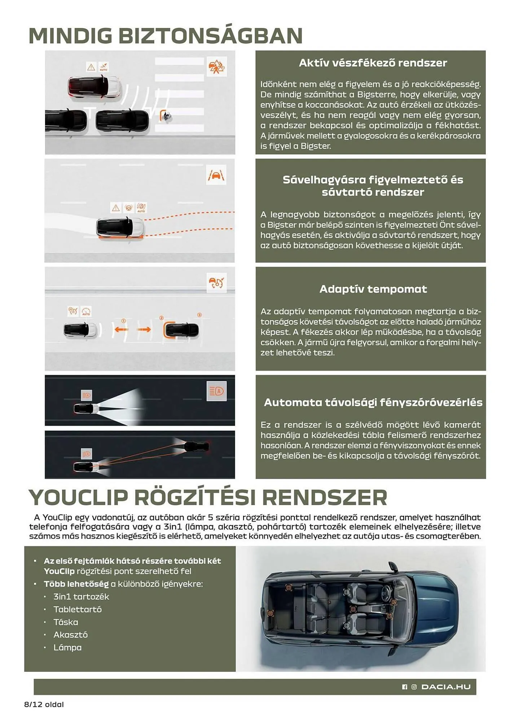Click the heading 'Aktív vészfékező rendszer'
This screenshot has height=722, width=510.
click(373, 63)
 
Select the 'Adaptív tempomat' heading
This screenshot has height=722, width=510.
click(373, 289)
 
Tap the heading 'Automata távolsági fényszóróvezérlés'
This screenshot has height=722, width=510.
click(373, 403)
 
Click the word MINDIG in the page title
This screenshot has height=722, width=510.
click(71, 36)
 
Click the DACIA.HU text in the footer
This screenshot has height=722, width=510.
click(446, 687)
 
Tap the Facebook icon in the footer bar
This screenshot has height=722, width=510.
click(404, 687)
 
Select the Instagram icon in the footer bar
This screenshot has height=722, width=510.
click(414, 687)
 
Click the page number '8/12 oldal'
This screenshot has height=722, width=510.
click(44, 704)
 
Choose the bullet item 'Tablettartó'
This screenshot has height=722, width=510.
click(78, 609)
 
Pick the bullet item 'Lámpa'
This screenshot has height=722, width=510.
click(67, 647)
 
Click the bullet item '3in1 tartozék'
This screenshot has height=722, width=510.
click(81, 597)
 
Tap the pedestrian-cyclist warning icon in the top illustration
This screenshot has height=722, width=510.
click(216, 66)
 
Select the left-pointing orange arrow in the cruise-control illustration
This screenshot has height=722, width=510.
click(122, 329)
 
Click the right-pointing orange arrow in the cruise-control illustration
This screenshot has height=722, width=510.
click(144, 329)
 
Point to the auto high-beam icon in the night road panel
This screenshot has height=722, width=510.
click(216, 391)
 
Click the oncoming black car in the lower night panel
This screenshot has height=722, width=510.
click(196, 447)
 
